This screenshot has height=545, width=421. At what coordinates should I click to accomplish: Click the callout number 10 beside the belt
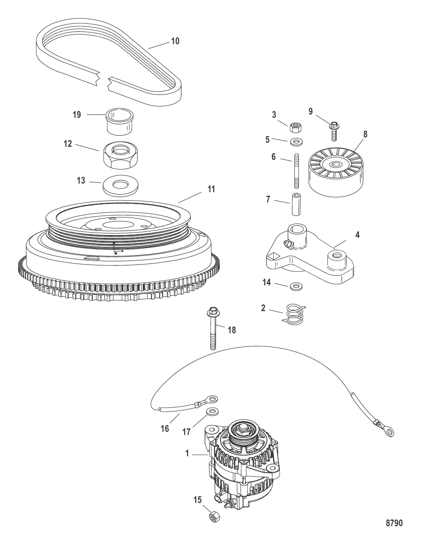pyautogui.click(x=175, y=41)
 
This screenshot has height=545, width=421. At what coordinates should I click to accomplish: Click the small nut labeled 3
pyautogui.click(x=296, y=128)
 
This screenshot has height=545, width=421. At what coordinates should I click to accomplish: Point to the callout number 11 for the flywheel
pyautogui.click(x=211, y=189)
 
